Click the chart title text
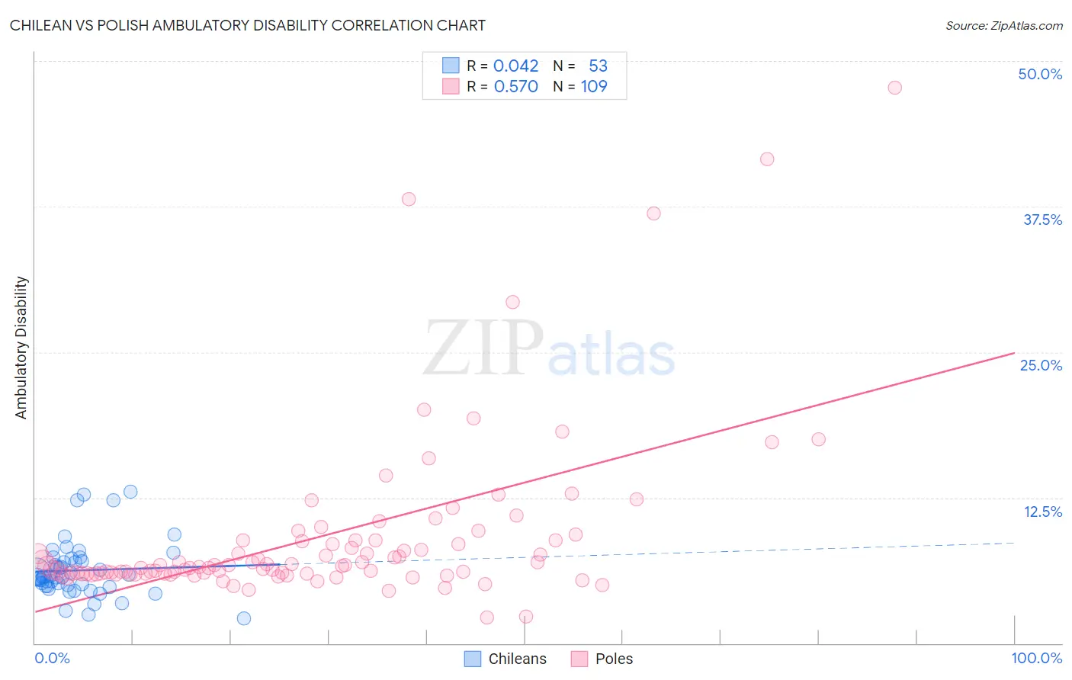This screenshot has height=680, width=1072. coord(247,25)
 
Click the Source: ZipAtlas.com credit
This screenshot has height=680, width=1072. coord(1003,25)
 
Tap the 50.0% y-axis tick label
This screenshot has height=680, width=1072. coord(1040,74)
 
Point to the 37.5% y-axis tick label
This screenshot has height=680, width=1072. coord(1042,220)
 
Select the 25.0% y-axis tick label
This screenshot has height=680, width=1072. coord(1041,365)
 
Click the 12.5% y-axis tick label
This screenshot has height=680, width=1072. coord(1042,512)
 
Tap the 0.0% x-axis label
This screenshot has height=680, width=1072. coord(52,658)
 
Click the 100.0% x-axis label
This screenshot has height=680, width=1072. coord(1036,658)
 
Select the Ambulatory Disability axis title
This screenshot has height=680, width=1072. coord(21,348)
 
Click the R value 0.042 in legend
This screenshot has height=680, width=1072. coord(515,66)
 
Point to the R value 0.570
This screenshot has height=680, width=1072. coord(515,86)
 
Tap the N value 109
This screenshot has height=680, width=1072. coord(594,86)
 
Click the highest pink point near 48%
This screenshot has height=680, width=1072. coord(894,88)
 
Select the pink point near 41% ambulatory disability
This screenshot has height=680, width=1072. coord(767,159)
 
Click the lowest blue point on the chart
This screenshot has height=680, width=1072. coord(244,618)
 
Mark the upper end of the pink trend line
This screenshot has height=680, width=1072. coord(1014,353)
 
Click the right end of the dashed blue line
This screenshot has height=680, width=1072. coord(1014,542)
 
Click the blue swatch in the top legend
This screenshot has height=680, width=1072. coord(451,66)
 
